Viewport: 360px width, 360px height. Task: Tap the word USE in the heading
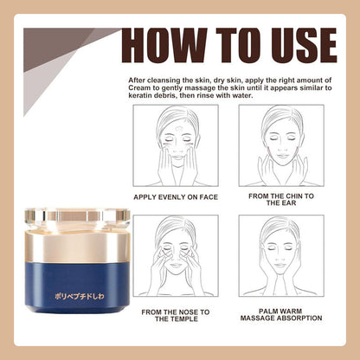tap(301, 46)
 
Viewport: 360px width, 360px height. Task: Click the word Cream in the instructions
tap(139, 87)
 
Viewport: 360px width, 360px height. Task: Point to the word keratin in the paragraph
tap(140, 95)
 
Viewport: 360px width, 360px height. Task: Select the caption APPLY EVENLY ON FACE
tap(176, 197)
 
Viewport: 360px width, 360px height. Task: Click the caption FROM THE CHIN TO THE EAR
tap(281, 199)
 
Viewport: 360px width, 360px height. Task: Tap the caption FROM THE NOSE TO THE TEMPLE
tap(176, 315)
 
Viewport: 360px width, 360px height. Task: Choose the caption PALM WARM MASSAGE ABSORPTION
tap(281, 314)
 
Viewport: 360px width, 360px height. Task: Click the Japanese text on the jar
tap(80, 296)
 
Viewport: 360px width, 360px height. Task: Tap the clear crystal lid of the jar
tap(77, 217)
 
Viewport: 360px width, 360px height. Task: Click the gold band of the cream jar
tap(77, 245)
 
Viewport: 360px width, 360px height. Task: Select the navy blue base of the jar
tap(77, 288)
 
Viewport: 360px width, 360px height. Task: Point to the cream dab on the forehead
tap(179, 128)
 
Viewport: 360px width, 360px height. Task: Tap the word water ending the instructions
tap(243, 95)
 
